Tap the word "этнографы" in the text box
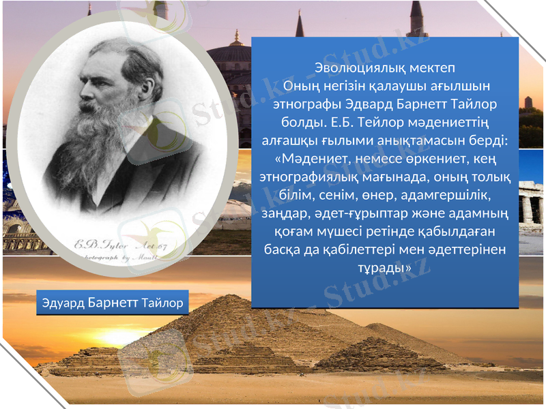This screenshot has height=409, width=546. [x=304, y=104]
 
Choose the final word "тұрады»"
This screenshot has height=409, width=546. [x=385, y=267]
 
